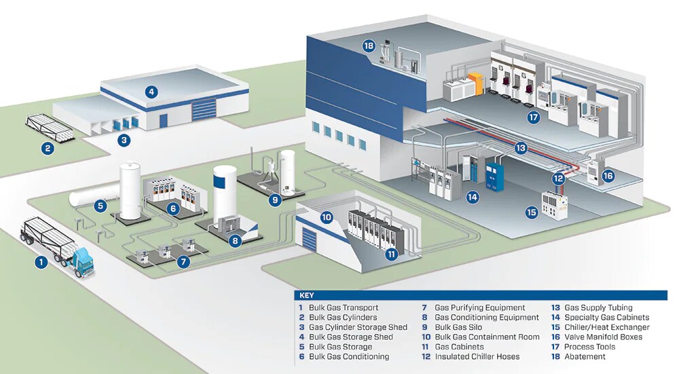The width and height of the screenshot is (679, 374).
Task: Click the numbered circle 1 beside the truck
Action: (x=41, y=261)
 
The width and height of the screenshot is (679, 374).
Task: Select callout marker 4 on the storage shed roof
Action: (x=151, y=91)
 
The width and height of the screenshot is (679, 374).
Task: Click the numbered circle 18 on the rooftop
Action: (x=369, y=47)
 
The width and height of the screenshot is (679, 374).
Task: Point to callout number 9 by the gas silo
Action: (x=275, y=200)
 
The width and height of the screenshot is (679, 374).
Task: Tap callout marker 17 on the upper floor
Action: (x=533, y=117)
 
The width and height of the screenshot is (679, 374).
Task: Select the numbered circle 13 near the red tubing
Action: (x=521, y=147)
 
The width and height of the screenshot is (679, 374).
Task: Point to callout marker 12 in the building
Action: (x=558, y=179)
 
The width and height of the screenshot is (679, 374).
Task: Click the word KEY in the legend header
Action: (x=306, y=296)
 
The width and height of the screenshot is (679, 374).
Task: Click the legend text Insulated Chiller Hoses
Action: (x=477, y=356)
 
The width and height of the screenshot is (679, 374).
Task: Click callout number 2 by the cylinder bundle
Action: (x=47, y=149)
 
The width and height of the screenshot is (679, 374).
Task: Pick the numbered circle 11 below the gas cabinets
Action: (x=392, y=254)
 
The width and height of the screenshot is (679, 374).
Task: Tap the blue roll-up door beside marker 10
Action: (x=309, y=240)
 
